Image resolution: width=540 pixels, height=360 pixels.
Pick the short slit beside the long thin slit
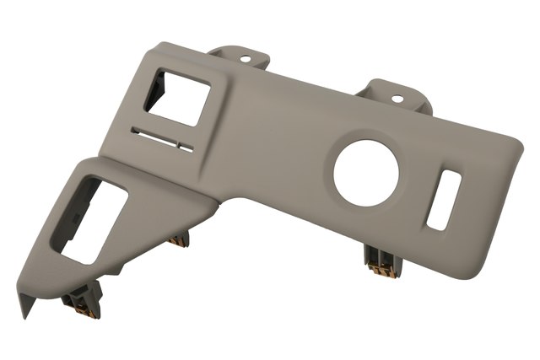coord(186,148)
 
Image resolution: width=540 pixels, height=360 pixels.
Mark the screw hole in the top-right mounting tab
coord(397,99)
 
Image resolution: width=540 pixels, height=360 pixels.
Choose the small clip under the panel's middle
coord(178,240)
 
